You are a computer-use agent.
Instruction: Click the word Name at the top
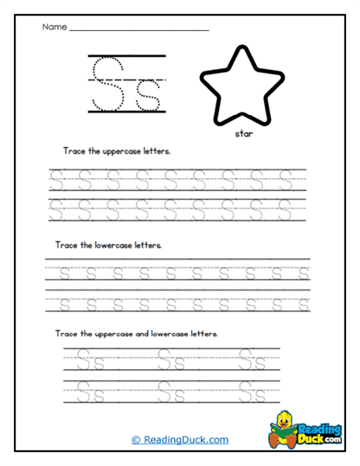pos(54,27)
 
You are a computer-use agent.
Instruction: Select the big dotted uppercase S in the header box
pos(109,82)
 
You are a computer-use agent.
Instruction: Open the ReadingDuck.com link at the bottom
pos(180,439)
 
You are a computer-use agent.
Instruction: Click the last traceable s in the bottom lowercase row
pos(303,303)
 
